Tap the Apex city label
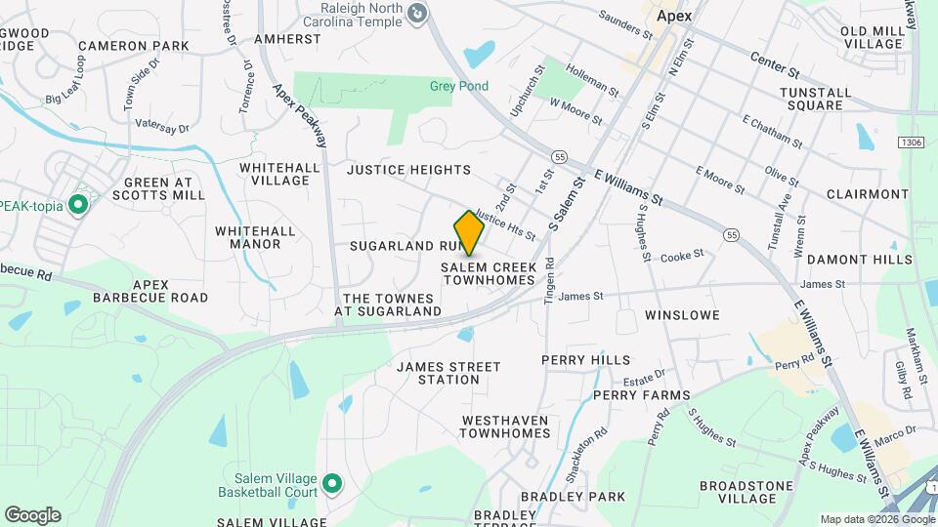click(x=674, y=16)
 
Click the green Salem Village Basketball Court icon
click(x=332, y=483)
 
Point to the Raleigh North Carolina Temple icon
click(x=418, y=13)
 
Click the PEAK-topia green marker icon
click(x=79, y=206)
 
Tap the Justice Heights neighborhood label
click(x=408, y=170)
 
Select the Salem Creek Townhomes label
click(x=489, y=273)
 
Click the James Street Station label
click(x=448, y=373)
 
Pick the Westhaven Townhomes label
click(x=505, y=426)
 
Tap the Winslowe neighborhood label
click(x=682, y=315)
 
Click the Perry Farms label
click(x=641, y=395)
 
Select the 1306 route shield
click(x=911, y=142)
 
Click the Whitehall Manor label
click(x=255, y=237)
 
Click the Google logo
click(x=32, y=515)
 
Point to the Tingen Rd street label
click(x=549, y=279)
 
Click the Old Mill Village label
click(x=872, y=37)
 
